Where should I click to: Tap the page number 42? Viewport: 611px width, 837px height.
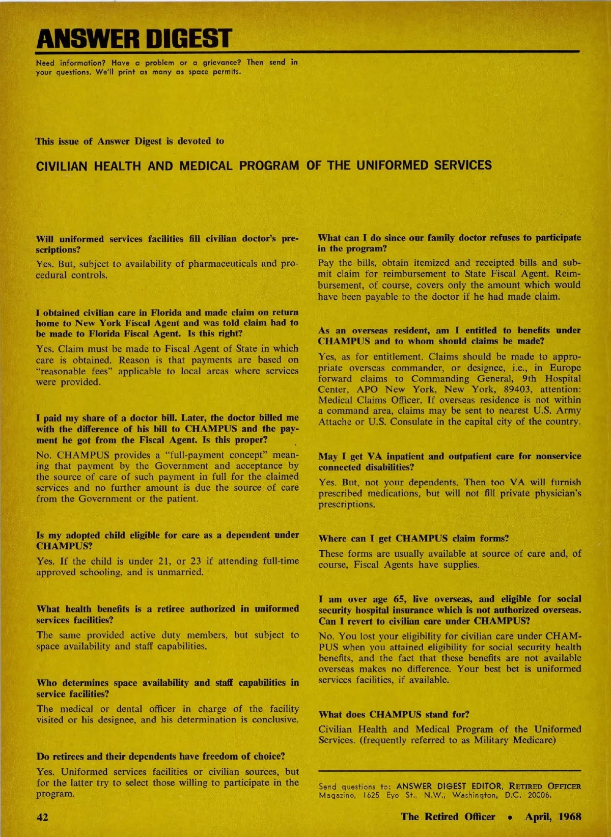click(x=42, y=817)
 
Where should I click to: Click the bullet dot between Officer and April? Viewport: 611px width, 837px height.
click(x=510, y=817)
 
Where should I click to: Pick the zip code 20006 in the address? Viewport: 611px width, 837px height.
click(x=539, y=795)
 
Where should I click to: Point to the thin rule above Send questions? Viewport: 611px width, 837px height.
click(x=450, y=771)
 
